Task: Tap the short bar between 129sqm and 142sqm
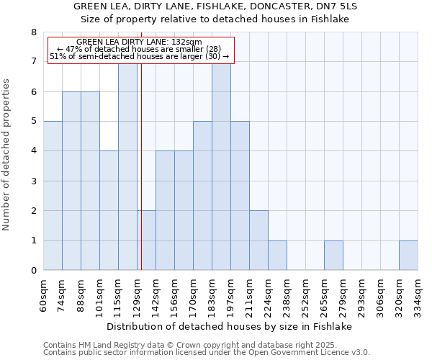146,240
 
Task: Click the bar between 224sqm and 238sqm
277,256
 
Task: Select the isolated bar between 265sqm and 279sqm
333,256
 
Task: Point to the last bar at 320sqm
408,256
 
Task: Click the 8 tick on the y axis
33,32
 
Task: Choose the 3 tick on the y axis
33,181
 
